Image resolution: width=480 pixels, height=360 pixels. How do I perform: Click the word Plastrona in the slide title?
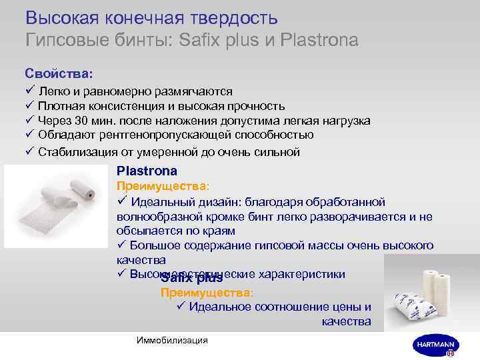321,40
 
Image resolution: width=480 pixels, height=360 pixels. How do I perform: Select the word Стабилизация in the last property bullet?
74,151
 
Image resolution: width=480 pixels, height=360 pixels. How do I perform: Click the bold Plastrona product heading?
147,171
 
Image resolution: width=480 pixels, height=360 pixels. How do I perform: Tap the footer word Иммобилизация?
171,341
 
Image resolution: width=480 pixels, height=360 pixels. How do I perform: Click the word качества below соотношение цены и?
346,321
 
